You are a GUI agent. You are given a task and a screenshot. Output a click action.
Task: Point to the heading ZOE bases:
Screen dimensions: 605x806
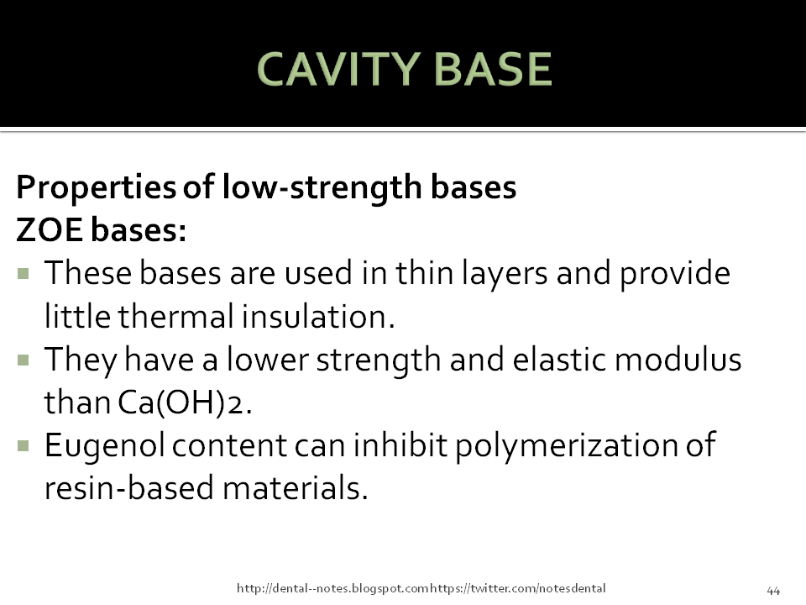coord(101,231)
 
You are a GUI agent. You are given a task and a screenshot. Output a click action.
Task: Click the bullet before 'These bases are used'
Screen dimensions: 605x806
coord(23,273)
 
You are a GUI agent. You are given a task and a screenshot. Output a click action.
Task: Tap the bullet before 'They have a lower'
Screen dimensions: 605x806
coord(23,360)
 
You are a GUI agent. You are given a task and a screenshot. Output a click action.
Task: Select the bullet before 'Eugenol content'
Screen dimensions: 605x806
coord(23,445)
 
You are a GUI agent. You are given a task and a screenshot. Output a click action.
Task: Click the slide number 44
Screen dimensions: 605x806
coord(773,588)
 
